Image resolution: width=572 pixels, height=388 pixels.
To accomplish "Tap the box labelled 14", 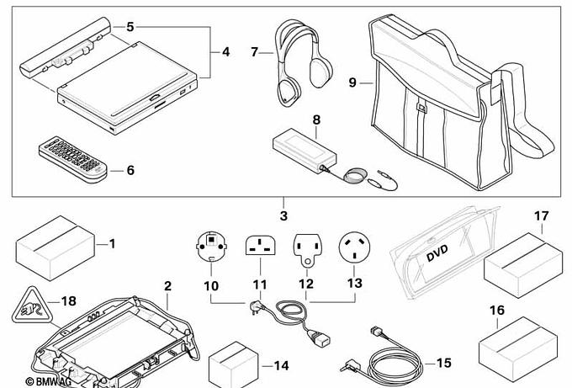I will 231,364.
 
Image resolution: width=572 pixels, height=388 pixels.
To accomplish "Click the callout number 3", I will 283,217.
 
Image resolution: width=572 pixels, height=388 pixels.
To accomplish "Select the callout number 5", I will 130,27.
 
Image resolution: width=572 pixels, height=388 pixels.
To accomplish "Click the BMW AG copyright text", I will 34,381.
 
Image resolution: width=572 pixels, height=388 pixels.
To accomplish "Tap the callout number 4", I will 226,51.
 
